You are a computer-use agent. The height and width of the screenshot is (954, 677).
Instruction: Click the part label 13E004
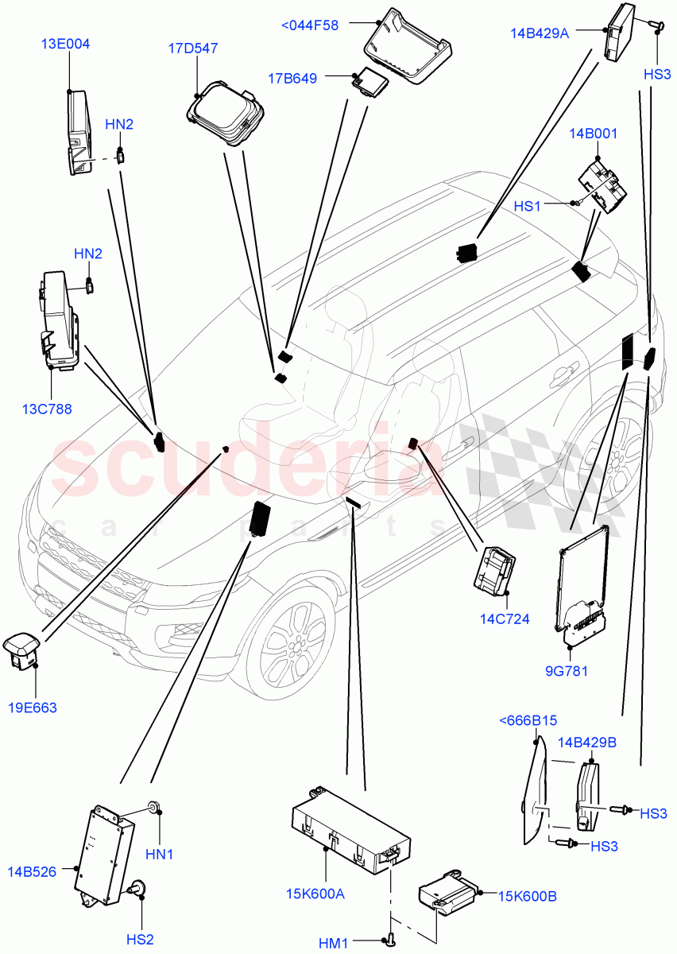pyautogui.click(x=65, y=45)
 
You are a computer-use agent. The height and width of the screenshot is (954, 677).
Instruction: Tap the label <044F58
pyautogui.click(x=310, y=25)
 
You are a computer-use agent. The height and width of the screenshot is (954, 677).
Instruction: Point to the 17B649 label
pyautogui.click(x=292, y=78)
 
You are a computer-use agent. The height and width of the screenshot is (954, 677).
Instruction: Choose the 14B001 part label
pyautogui.click(x=593, y=134)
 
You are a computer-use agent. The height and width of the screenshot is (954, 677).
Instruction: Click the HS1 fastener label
pyautogui.click(x=527, y=206)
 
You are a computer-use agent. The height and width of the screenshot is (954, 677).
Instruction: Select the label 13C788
pyautogui.click(x=47, y=409)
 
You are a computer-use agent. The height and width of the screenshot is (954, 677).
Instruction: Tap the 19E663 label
pyautogui.click(x=33, y=707)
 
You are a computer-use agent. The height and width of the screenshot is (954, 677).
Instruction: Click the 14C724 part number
pyautogui.click(x=505, y=619)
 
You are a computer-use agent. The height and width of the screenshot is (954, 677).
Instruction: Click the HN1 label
pyautogui.click(x=160, y=855)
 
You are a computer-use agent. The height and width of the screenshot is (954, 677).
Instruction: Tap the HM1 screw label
pyautogui.click(x=335, y=943)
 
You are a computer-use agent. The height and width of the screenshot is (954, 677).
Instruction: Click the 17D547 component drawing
pyautogui.click(x=226, y=114)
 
